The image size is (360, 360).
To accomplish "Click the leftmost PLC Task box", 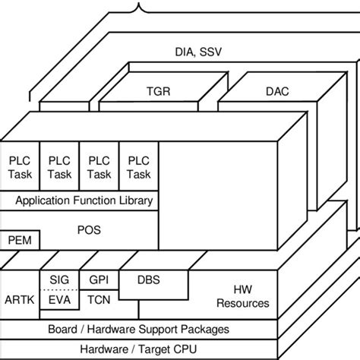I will (x=20, y=168).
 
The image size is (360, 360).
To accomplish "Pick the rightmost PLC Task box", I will (x=138, y=168).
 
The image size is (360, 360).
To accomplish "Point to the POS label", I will (x=89, y=229).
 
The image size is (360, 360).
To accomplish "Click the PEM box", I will (x=20, y=241).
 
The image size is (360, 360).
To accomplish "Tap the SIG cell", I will (x=58, y=280).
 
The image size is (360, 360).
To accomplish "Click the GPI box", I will (x=98, y=280).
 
